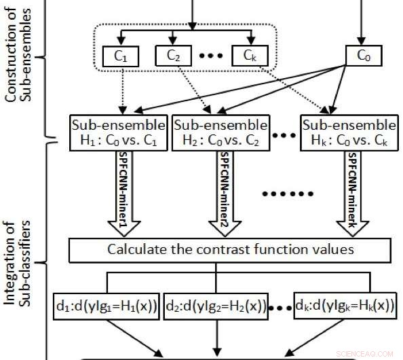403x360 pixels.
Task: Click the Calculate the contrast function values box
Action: click(x=230, y=249)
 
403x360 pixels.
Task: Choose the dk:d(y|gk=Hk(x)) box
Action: click(x=345, y=306)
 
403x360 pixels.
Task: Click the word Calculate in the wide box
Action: click(x=134, y=249)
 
